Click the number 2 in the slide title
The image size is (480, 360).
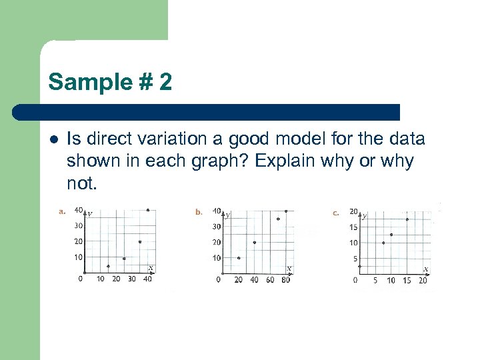(165, 83)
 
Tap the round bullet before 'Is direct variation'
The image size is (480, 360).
(53, 140)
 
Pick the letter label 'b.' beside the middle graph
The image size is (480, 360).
(199, 212)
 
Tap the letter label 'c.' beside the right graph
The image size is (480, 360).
(336, 213)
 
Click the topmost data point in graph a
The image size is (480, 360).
(147, 210)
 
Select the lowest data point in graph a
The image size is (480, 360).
(108, 266)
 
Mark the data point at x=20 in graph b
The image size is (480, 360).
(239, 258)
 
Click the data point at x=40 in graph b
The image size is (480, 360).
(254, 242)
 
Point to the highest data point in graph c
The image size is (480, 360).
(407, 219)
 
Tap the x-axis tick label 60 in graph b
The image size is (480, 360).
(270, 280)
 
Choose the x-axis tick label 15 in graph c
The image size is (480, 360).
(407, 281)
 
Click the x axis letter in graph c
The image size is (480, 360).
(426, 269)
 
